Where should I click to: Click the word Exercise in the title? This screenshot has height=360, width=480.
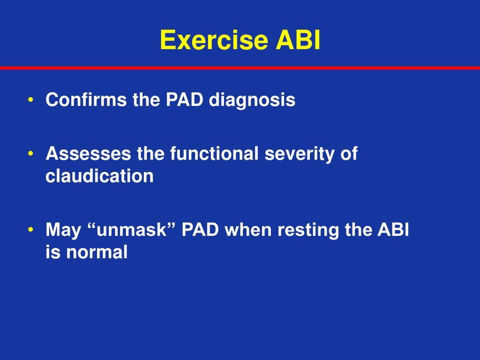pyautogui.click(x=214, y=40)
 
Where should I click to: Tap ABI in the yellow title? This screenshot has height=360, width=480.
pyautogui.click(x=298, y=40)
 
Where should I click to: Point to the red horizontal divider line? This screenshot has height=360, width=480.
pyautogui.click(x=240, y=68)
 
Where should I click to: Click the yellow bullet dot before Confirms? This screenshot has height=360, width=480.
pyautogui.click(x=30, y=100)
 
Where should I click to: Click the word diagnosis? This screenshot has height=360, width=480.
pyautogui.click(x=252, y=100)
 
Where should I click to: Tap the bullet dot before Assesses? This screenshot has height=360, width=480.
pyautogui.click(x=30, y=154)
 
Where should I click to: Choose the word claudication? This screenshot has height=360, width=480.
pyautogui.click(x=99, y=176)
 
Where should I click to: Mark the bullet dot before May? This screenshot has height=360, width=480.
pyautogui.click(x=30, y=230)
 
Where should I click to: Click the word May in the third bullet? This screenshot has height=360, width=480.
pyautogui.click(x=63, y=231)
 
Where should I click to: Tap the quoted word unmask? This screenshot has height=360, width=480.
pyautogui.click(x=132, y=231)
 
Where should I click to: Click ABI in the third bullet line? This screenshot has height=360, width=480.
pyautogui.click(x=394, y=230)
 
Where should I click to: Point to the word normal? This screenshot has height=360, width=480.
pyautogui.click(x=97, y=253)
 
